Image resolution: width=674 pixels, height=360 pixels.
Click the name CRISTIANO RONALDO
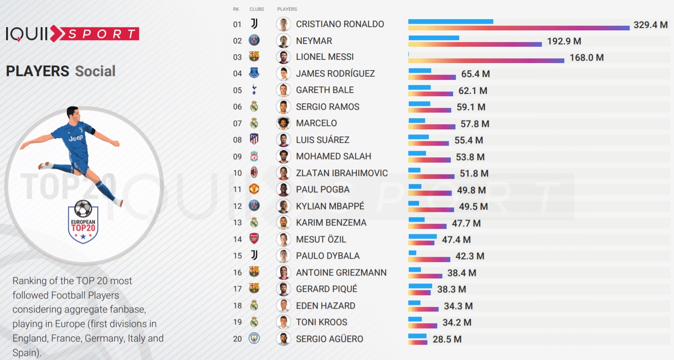[340, 24]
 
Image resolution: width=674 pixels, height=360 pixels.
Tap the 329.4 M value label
[650, 25]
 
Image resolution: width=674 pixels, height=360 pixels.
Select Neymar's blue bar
[433, 38]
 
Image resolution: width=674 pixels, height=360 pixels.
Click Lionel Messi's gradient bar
[486, 61]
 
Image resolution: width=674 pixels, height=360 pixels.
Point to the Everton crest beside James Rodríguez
[254, 73]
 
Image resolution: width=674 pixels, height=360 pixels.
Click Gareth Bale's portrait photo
[283, 90]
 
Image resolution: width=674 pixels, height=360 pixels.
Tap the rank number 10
[237, 173]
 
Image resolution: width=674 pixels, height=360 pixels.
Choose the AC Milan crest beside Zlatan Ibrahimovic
[254, 173]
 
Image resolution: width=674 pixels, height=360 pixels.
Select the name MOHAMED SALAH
[333, 156]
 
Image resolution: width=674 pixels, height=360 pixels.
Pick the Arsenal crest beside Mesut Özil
[254, 239]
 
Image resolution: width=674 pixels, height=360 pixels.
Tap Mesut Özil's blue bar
[422, 236]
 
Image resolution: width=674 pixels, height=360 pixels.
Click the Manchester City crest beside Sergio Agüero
[254, 339]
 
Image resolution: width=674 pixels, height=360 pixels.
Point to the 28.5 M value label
[447, 339]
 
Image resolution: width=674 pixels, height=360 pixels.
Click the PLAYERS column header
[287, 9]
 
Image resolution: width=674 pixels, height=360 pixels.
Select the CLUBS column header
[256, 9]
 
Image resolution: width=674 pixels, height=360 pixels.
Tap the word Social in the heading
[95, 71]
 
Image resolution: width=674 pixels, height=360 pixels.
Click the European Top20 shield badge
[83, 221]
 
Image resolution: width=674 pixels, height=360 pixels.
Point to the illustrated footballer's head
[72, 112]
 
